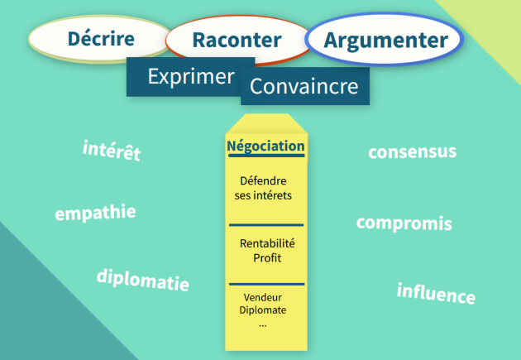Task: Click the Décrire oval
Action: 101,39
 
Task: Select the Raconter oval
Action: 237,40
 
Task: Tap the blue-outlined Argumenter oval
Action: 384,40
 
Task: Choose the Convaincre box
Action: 305,86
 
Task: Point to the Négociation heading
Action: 265,146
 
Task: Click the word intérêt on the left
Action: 112,151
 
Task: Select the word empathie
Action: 95,213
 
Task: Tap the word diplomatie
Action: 143,280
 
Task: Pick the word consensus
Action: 413,151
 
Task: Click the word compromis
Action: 404,223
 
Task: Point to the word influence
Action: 436,293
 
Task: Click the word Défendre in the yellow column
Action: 263,181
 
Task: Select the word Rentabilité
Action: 267,243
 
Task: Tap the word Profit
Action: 267,258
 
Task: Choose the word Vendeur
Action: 262,297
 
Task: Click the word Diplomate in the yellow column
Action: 262,310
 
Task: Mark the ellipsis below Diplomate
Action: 263,326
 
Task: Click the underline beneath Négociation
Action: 266,156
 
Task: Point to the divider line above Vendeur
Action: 267,284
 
